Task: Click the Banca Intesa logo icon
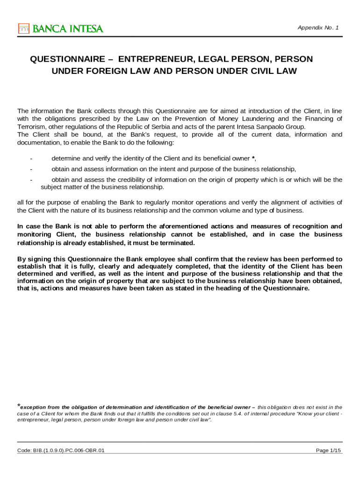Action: click(x=23, y=29)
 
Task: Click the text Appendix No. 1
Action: click(x=318, y=28)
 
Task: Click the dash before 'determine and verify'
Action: click(x=31, y=158)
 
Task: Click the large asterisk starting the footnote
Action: click(x=19, y=406)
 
